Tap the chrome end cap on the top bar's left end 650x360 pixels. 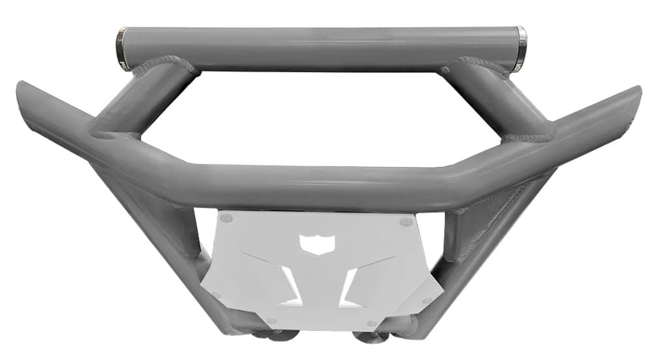click(122, 49)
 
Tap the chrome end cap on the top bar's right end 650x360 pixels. click(520, 49)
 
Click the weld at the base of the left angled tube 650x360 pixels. click(114, 135)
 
